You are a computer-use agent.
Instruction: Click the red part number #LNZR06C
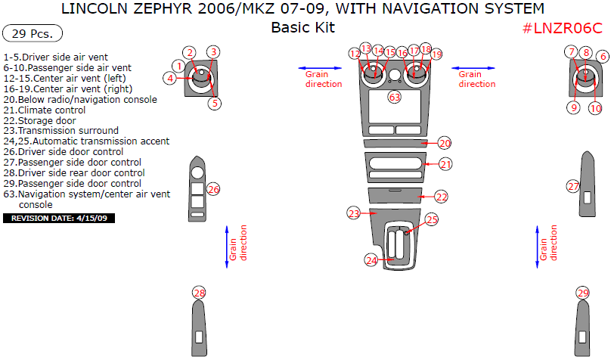click(x=563, y=28)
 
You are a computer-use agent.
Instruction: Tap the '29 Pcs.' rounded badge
click(x=33, y=33)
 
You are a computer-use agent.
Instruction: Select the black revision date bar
click(x=59, y=218)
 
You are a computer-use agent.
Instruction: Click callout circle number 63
click(x=394, y=97)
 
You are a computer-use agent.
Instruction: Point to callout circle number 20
click(x=445, y=144)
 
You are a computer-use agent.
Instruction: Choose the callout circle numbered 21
click(x=445, y=164)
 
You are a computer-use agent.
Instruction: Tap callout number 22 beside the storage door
click(x=442, y=197)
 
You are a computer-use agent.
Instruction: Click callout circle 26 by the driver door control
click(x=213, y=189)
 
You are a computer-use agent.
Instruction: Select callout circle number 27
click(x=573, y=186)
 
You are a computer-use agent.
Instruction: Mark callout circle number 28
click(x=199, y=293)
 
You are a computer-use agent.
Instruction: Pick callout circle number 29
click(x=583, y=293)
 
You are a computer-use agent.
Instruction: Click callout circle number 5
click(x=215, y=104)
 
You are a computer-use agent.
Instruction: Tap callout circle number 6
click(x=603, y=57)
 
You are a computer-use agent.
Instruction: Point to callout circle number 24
click(x=371, y=260)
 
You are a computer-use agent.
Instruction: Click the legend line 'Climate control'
click(x=45, y=110)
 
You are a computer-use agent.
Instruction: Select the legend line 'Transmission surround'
click(x=60, y=131)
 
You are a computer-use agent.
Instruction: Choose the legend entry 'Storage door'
click(x=40, y=121)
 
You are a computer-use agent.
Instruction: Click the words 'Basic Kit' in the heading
click(x=303, y=27)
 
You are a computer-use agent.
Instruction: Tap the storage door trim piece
click(x=395, y=196)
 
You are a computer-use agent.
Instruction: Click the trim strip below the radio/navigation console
click(x=395, y=144)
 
